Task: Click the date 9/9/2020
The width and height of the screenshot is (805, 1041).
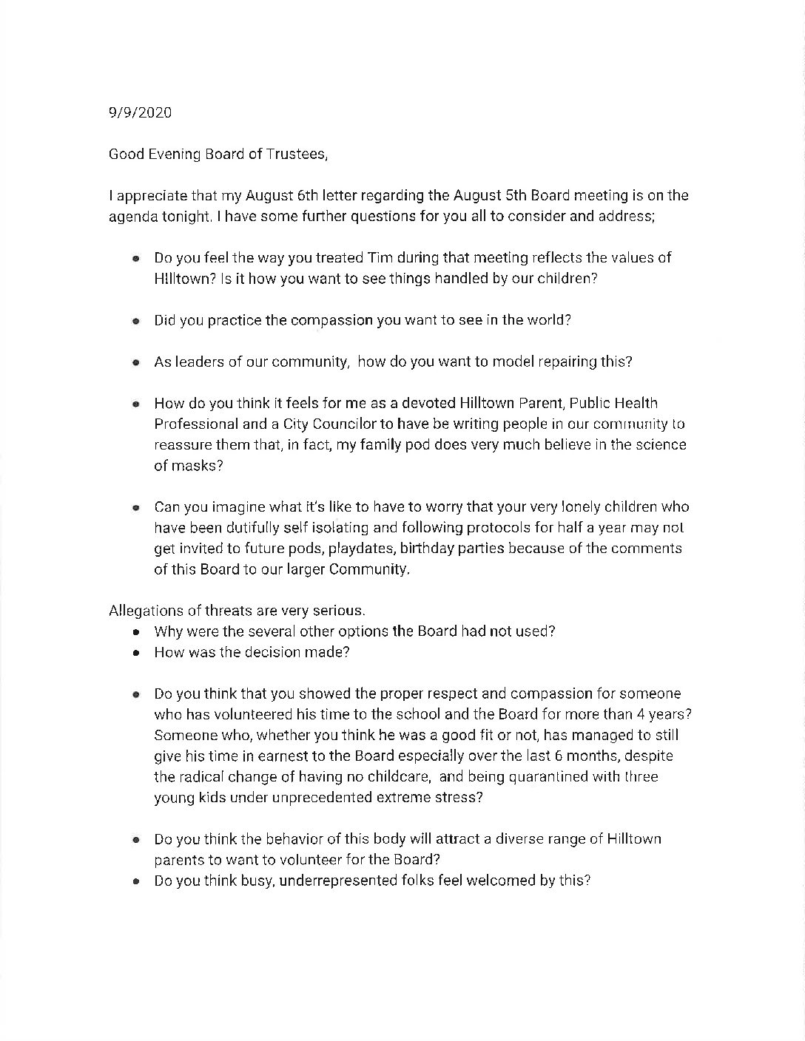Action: tap(140, 112)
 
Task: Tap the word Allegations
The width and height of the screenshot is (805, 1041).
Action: tap(144, 611)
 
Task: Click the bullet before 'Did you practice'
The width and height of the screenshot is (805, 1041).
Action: tap(135, 322)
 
